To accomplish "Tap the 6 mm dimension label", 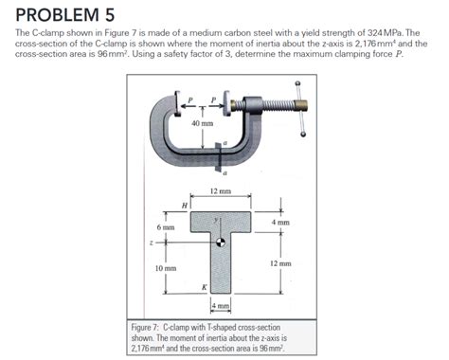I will tap(166, 227).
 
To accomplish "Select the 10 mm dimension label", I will tap(166, 269).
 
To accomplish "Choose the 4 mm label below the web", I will tap(220, 305).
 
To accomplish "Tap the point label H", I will tap(185, 205).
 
